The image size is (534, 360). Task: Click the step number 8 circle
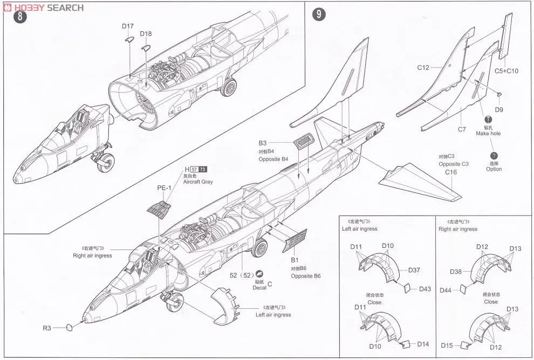coord(19,17)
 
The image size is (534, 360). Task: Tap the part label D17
coord(128,26)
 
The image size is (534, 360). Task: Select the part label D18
coord(146,34)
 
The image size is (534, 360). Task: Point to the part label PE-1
coord(164,188)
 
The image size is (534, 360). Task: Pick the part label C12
coord(423,68)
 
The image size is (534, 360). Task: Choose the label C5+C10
coord(506,71)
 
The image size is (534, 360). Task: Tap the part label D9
coord(498,110)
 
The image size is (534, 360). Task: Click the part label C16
coord(451,172)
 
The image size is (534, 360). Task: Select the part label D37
coord(414,270)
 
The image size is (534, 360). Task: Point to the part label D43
coord(425,289)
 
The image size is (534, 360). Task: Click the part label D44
coord(446,290)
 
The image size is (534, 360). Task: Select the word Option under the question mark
coord(494,169)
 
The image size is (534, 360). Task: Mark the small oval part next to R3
coord(69,327)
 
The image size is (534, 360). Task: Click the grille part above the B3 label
coord(304,142)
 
